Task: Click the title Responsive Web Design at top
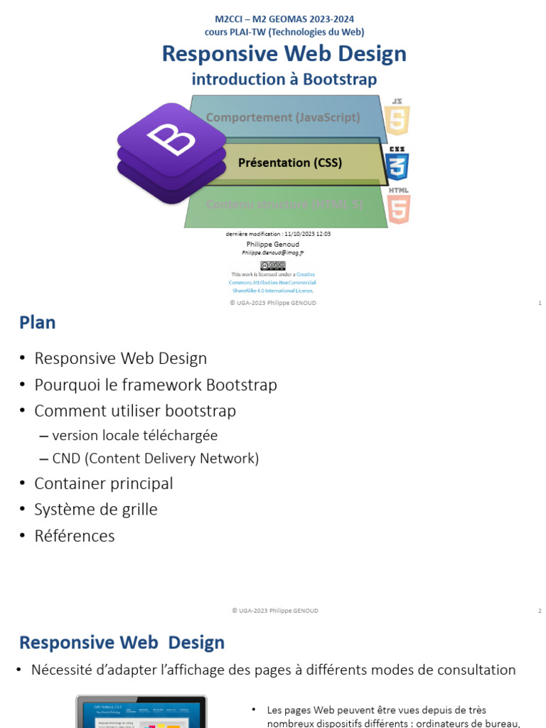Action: [x=284, y=54]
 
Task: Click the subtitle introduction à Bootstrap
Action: [x=284, y=79]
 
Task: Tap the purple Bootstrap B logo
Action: [x=167, y=149]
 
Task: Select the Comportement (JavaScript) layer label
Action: [x=283, y=117]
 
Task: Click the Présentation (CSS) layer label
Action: [x=290, y=163]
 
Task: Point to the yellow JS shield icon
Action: [x=397, y=118]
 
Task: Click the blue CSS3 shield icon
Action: [x=397, y=165]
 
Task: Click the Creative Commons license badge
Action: [x=273, y=265]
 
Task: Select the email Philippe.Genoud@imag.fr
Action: [x=273, y=252]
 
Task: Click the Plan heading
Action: [x=38, y=323]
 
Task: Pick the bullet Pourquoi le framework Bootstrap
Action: [x=156, y=385]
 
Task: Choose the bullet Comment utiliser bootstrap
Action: [x=135, y=411]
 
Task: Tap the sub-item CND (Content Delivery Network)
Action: [x=156, y=459]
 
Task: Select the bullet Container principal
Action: [x=104, y=483]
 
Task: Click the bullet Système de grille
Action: [x=96, y=510]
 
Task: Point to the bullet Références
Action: [x=75, y=536]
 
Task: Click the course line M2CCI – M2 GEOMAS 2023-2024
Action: [x=284, y=19]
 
